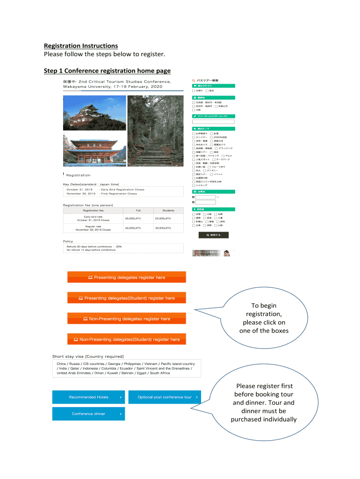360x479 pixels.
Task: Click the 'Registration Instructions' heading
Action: pos(81,46)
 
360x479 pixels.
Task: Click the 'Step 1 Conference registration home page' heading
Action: pos(107,71)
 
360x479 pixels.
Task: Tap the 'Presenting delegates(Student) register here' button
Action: pos(127,298)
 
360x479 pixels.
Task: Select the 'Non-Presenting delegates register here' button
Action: pos(127,319)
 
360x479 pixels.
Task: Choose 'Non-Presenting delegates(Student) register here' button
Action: pos(127,339)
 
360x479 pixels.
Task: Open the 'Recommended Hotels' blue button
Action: pos(89,397)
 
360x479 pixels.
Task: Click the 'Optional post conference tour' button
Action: pos(165,397)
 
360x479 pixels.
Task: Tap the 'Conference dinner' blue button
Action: pos(89,414)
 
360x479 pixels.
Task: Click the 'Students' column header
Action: pos(168,210)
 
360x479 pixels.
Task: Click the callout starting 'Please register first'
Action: pos(265,402)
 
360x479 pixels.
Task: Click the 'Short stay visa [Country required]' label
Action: pos(88,356)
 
